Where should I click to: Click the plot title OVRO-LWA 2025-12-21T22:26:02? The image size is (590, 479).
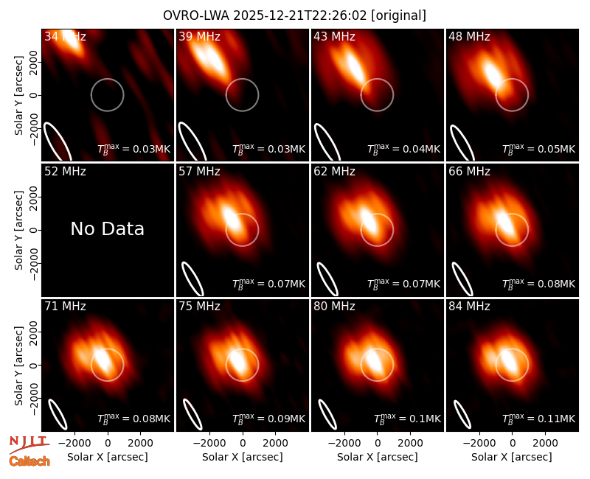(264, 15)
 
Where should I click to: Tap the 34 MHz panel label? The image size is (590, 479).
(65, 36)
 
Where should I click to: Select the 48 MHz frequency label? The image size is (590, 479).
(469, 36)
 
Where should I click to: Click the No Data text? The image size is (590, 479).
(107, 228)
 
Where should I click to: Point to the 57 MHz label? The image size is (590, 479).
(199, 172)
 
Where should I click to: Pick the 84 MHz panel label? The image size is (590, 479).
(469, 307)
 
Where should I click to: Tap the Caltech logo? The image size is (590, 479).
(29, 461)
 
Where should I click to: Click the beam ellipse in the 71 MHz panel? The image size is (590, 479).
(53, 407)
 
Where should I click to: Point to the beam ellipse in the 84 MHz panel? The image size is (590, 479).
(457, 407)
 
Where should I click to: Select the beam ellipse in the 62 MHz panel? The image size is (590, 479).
(322, 270)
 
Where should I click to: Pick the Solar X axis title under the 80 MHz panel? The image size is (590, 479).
(377, 457)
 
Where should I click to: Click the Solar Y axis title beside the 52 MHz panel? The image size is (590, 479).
(18, 230)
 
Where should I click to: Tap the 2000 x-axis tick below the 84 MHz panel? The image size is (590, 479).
(545, 443)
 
